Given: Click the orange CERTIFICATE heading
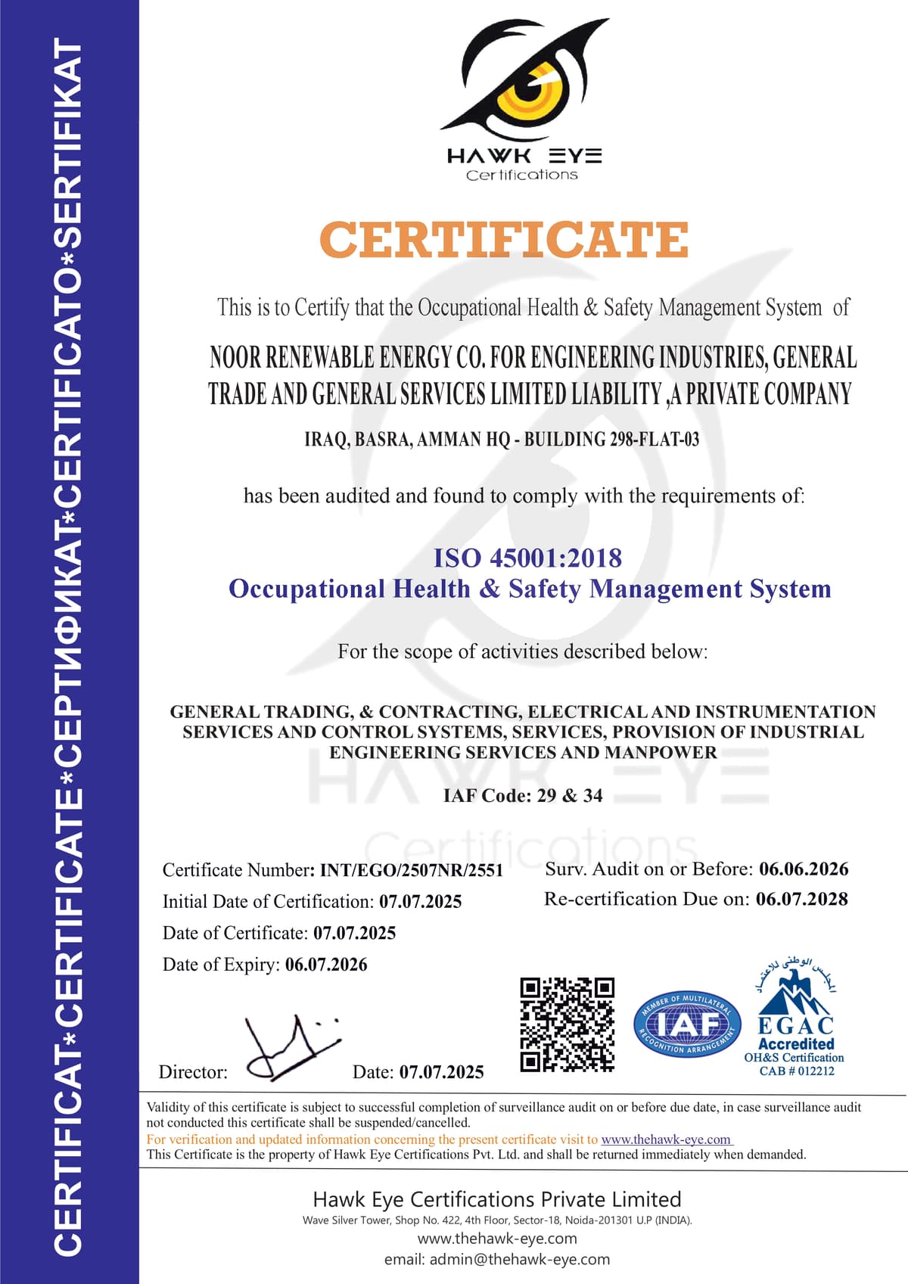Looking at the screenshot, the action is click(x=504, y=240).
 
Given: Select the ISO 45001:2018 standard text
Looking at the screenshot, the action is click(x=527, y=558).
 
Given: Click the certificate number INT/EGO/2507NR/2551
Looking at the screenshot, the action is click(x=412, y=870).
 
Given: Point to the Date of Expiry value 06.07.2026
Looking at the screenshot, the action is click(x=326, y=965).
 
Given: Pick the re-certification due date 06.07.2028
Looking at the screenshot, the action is click(x=802, y=899).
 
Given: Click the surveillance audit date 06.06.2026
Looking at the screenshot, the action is click(x=804, y=869).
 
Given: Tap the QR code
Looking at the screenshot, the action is click(x=567, y=1024).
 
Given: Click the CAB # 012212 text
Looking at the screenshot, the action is click(x=797, y=1071).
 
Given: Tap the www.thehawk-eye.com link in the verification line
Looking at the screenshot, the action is click(x=666, y=1139).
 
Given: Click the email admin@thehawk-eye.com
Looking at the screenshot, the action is click(x=519, y=1259).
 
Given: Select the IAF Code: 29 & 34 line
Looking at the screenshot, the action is click(x=523, y=796).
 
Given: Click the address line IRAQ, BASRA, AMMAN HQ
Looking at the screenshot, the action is click(x=502, y=440).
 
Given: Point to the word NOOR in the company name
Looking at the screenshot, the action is click(x=235, y=357).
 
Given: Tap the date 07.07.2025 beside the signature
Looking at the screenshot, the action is click(x=441, y=1072).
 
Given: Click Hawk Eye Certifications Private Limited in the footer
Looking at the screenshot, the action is click(x=497, y=1199).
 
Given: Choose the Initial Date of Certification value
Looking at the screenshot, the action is click(x=421, y=902).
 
